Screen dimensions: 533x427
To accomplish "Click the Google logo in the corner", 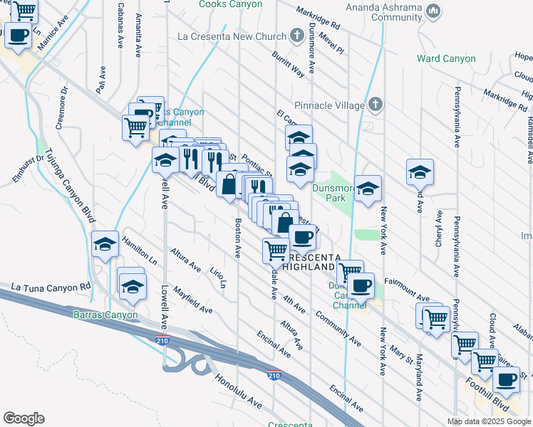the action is click(24, 418).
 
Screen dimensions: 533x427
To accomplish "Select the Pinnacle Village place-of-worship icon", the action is click(377, 105).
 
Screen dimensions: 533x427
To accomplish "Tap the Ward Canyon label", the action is click(446, 58).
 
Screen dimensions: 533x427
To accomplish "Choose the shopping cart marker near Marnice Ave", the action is click(24, 11).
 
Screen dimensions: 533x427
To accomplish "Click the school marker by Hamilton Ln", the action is click(105, 246).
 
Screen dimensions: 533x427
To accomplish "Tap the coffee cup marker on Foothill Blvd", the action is click(507, 379).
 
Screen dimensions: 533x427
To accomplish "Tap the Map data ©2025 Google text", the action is click(488, 421).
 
